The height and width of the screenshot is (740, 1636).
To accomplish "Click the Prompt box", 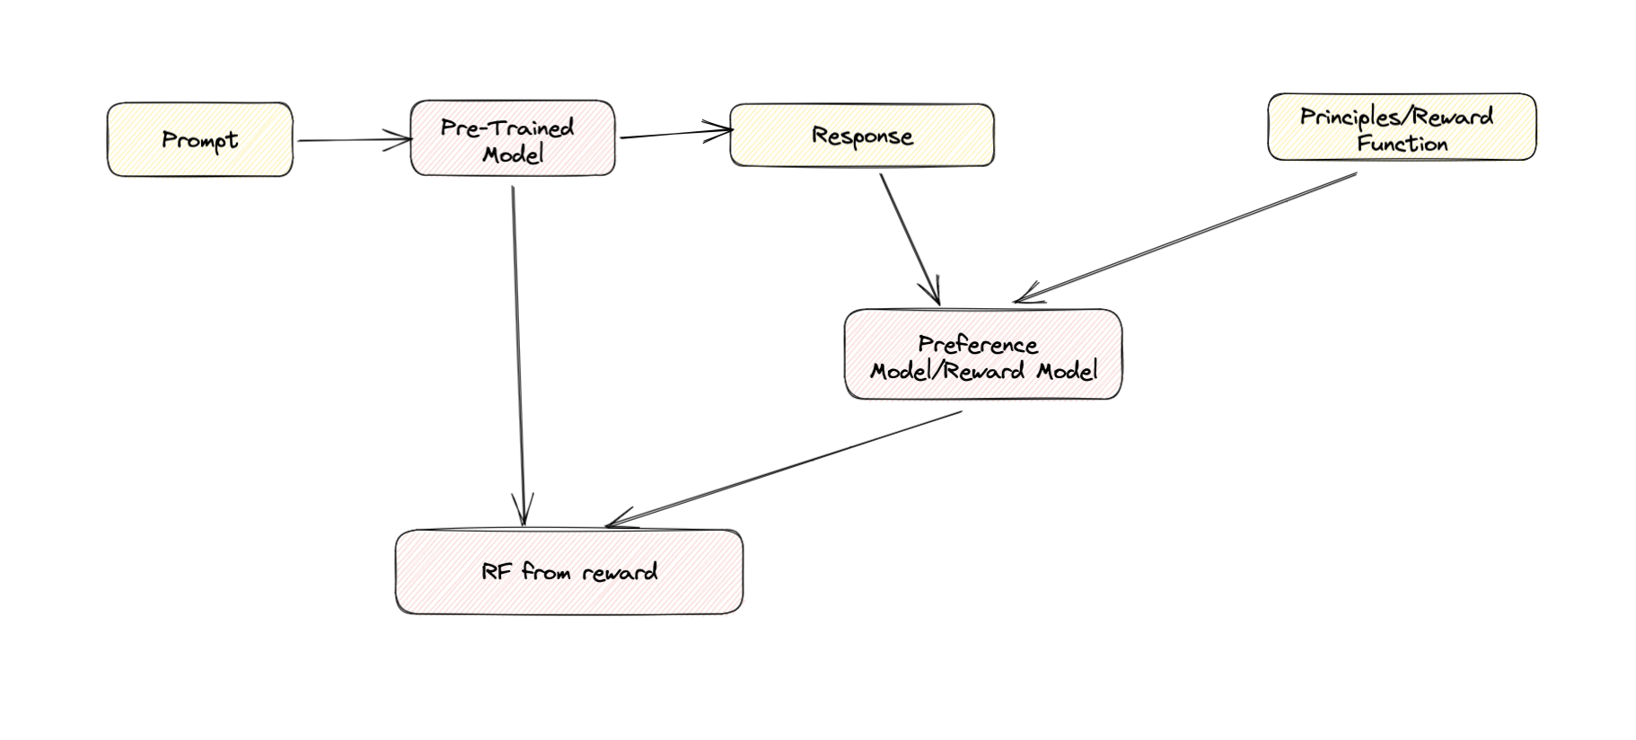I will (199, 140).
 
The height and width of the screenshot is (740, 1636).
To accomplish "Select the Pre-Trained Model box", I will (513, 138).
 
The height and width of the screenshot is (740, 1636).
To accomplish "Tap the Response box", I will (862, 136).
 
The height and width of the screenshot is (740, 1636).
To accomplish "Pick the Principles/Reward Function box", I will (1401, 128).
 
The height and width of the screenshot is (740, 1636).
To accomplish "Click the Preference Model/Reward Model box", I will (983, 355).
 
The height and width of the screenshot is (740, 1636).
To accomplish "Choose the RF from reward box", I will (569, 572).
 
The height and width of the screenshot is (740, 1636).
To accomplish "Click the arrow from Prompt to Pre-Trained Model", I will (350, 140).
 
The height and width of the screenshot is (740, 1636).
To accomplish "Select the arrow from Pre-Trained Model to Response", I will (673, 135).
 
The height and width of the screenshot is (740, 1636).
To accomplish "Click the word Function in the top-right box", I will (1402, 144).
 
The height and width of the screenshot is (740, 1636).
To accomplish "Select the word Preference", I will (978, 345).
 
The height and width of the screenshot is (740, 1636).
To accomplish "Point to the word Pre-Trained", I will (507, 128).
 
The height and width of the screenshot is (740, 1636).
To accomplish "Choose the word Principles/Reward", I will (1396, 117).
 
